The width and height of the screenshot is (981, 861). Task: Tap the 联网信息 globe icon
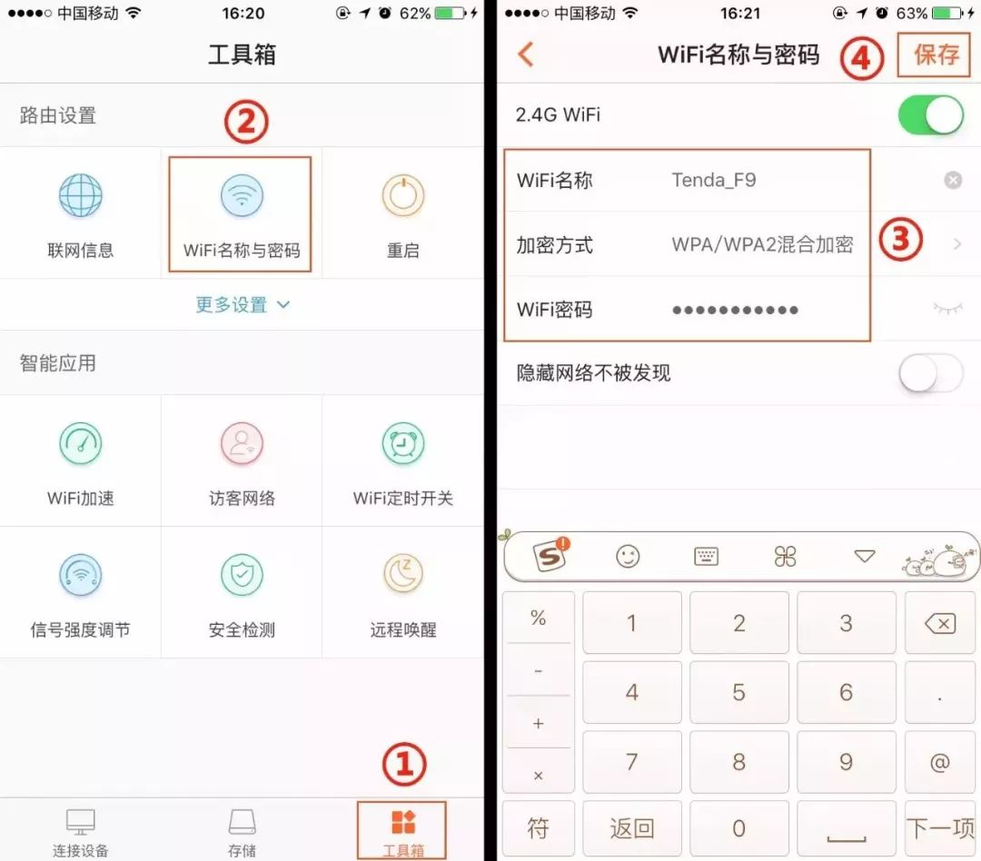coord(80,196)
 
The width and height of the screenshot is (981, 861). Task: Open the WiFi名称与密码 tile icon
coord(242,196)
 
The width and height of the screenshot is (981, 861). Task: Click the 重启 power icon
coord(403,196)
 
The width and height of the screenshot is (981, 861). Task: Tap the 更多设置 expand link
coord(242,305)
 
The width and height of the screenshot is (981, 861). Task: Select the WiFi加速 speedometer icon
coord(80,444)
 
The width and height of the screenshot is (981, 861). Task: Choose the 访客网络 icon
coord(242,444)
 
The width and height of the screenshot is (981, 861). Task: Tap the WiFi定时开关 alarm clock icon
coord(403,444)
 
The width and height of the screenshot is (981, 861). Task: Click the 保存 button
coord(936,54)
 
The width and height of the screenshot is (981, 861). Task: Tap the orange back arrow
coord(526,54)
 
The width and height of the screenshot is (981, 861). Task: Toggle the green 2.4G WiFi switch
coord(930,115)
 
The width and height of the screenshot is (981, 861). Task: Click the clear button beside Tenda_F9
coord(952,181)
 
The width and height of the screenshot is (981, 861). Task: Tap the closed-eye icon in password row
coord(947,310)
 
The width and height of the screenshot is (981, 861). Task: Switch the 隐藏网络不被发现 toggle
coord(930,373)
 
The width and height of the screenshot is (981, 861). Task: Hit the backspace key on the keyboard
coord(940,623)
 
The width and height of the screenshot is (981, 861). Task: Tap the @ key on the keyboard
coord(940,762)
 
